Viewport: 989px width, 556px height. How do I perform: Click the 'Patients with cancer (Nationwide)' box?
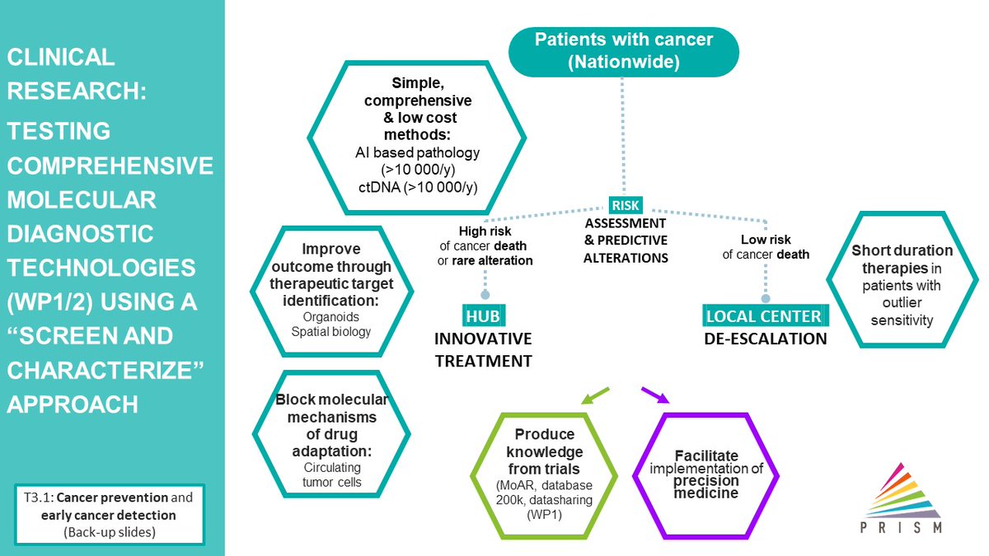(x=625, y=51)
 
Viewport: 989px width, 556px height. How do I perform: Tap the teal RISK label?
(x=625, y=204)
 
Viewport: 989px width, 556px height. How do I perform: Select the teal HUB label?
(x=484, y=316)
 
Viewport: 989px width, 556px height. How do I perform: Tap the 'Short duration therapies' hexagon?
(x=902, y=285)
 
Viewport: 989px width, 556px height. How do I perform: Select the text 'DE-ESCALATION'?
(x=766, y=339)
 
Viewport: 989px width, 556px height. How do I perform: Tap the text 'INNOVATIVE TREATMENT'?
(x=484, y=350)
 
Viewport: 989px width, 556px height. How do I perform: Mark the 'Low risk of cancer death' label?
(x=766, y=247)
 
